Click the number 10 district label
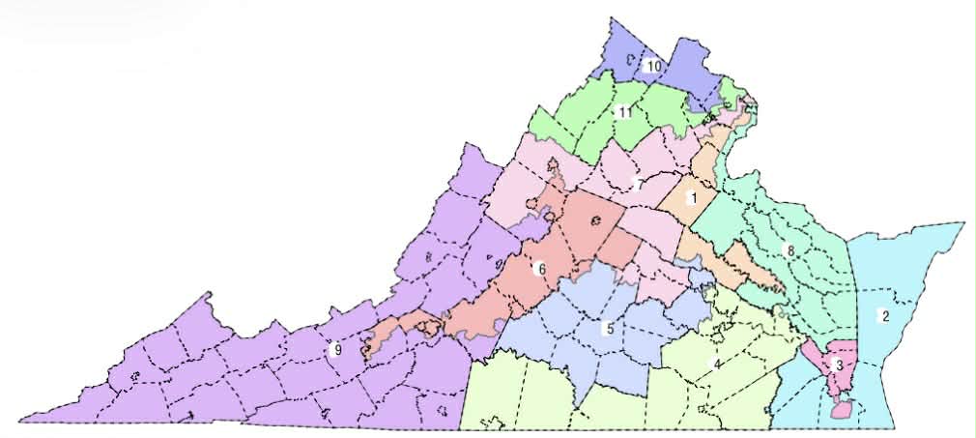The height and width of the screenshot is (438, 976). [653, 66]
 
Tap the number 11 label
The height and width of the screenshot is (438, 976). [625, 113]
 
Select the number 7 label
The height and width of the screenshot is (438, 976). [638, 184]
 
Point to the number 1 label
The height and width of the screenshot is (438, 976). [691, 197]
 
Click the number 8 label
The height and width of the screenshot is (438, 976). [790, 251]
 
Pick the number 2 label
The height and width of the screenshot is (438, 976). [882, 314]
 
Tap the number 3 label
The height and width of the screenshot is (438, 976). [838, 365]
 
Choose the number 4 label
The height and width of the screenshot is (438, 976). [716, 364]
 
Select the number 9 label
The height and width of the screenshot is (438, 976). [336, 350]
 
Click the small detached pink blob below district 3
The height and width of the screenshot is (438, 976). [842, 410]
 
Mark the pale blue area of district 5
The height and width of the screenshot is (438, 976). [580, 338]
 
